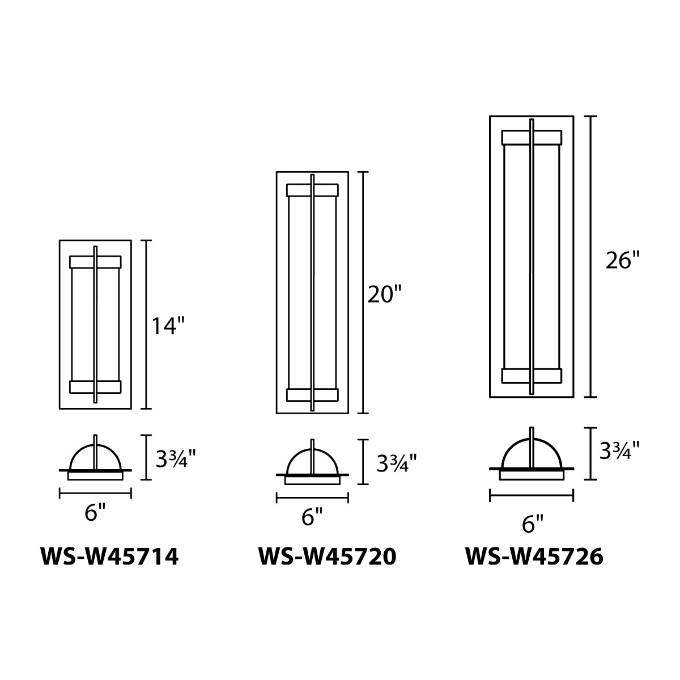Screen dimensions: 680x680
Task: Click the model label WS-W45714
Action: point(110,557)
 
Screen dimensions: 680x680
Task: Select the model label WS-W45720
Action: point(328,557)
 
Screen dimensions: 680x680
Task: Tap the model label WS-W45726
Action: point(534,557)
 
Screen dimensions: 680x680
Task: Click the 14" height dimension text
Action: point(168,325)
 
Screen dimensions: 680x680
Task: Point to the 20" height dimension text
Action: point(385,294)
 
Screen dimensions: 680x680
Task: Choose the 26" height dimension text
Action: point(623,261)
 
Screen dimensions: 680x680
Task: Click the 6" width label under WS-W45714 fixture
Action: point(95,512)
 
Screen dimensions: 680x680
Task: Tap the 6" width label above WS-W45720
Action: point(312,517)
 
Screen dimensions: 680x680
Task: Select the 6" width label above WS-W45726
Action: point(533,524)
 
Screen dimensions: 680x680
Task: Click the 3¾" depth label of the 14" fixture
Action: point(175,459)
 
